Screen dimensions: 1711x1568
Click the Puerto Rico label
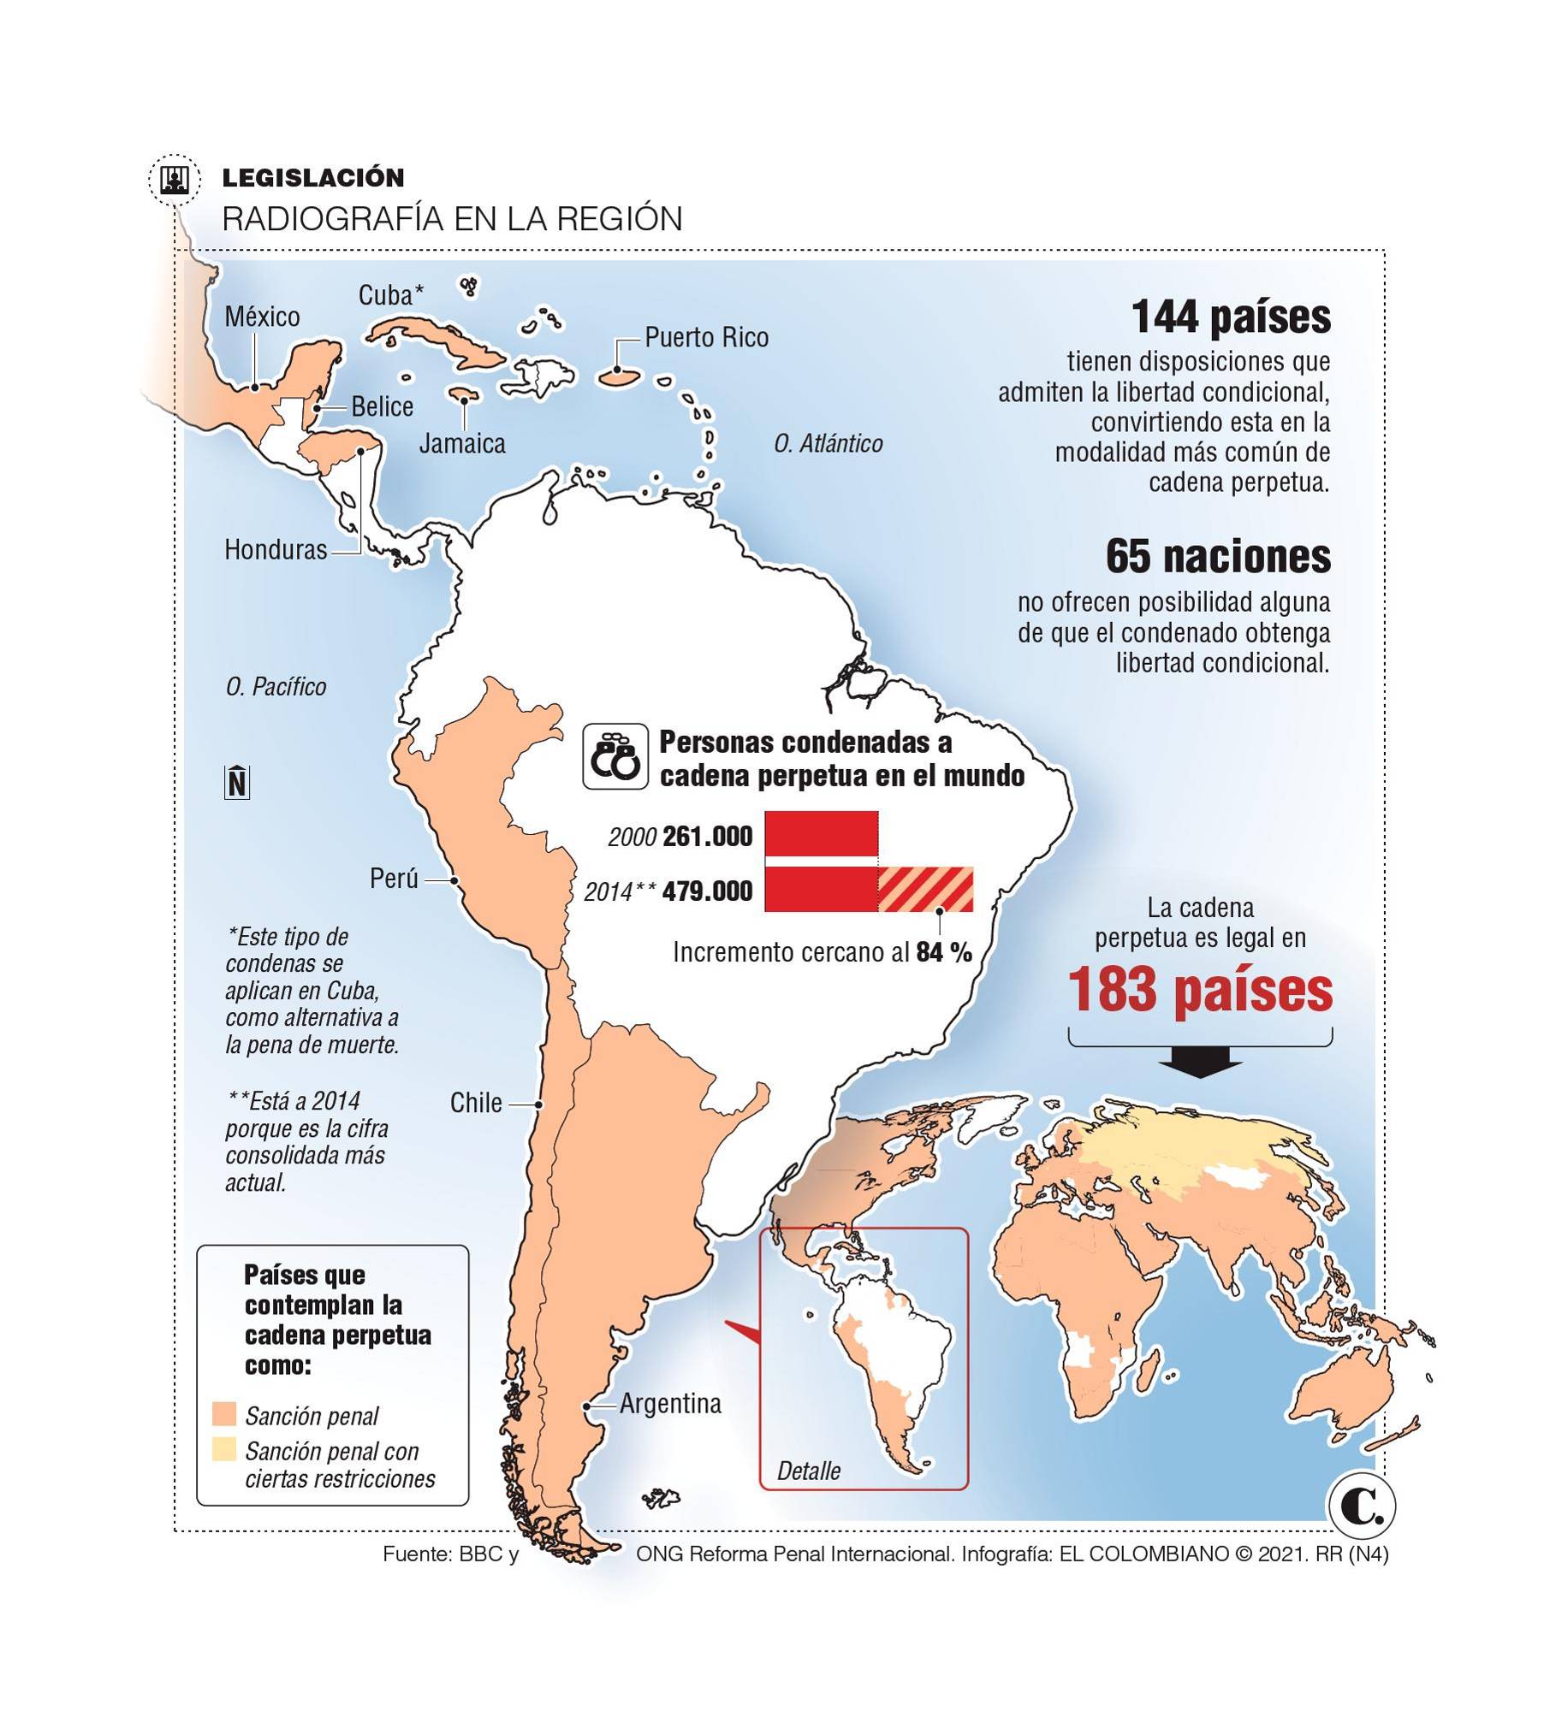[x=706, y=337]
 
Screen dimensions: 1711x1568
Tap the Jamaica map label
[x=462, y=443]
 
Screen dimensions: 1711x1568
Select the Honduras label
[x=276, y=549]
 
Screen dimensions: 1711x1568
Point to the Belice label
[x=382, y=406]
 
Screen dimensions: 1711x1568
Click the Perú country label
[x=394, y=878]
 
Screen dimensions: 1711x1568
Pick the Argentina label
[x=670, y=1403]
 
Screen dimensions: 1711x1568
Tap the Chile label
[x=476, y=1103]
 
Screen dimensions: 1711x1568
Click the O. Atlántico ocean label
[x=828, y=443]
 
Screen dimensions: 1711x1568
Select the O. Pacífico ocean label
[x=276, y=686]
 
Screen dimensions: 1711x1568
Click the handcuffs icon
[x=615, y=757]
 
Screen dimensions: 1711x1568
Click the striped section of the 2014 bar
[x=925, y=890]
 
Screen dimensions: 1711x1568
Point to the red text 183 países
[x=1200, y=991]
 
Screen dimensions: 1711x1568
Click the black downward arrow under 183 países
[x=1199, y=1068]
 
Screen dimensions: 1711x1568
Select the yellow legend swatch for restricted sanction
[x=223, y=1449]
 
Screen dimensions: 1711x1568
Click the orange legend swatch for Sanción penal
[x=223, y=1413]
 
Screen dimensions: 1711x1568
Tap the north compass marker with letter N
[x=237, y=782]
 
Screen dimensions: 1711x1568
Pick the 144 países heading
[x=1231, y=317]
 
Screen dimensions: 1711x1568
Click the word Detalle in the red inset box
[x=808, y=1471]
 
